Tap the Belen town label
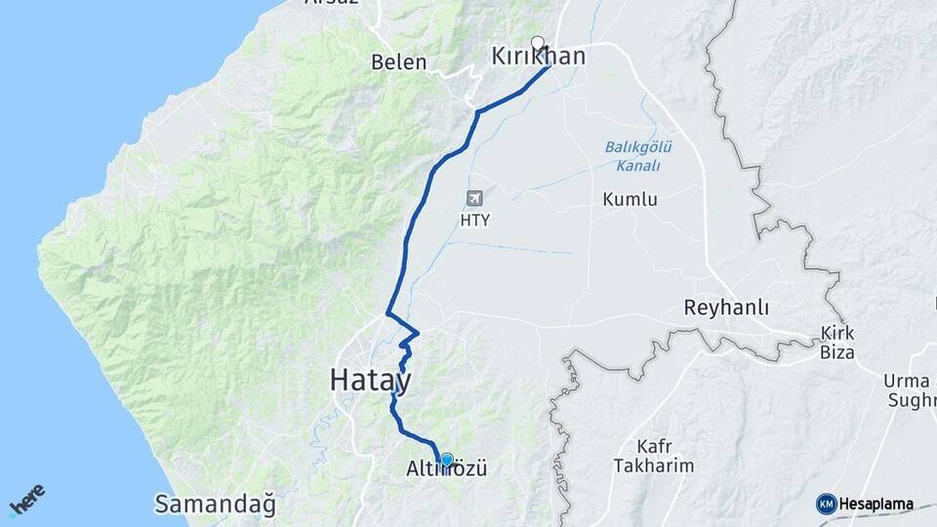(x=399, y=62)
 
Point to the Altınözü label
(x=445, y=470)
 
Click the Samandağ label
(x=215, y=505)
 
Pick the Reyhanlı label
(x=726, y=308)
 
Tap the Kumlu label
(x=630, y=200)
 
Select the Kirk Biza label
(x=837, y=343)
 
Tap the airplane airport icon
(x=474, y=198)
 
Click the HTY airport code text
(x=474, y=221)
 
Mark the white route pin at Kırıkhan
(x=537, y=43)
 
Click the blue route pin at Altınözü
(x=447, y=459)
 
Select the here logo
(x=26, y=501)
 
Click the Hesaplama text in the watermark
(x=876, y=505)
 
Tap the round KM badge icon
(x=826, y=505)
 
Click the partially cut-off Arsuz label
(x=332, y=3)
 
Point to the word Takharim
(x=654, y=466)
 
